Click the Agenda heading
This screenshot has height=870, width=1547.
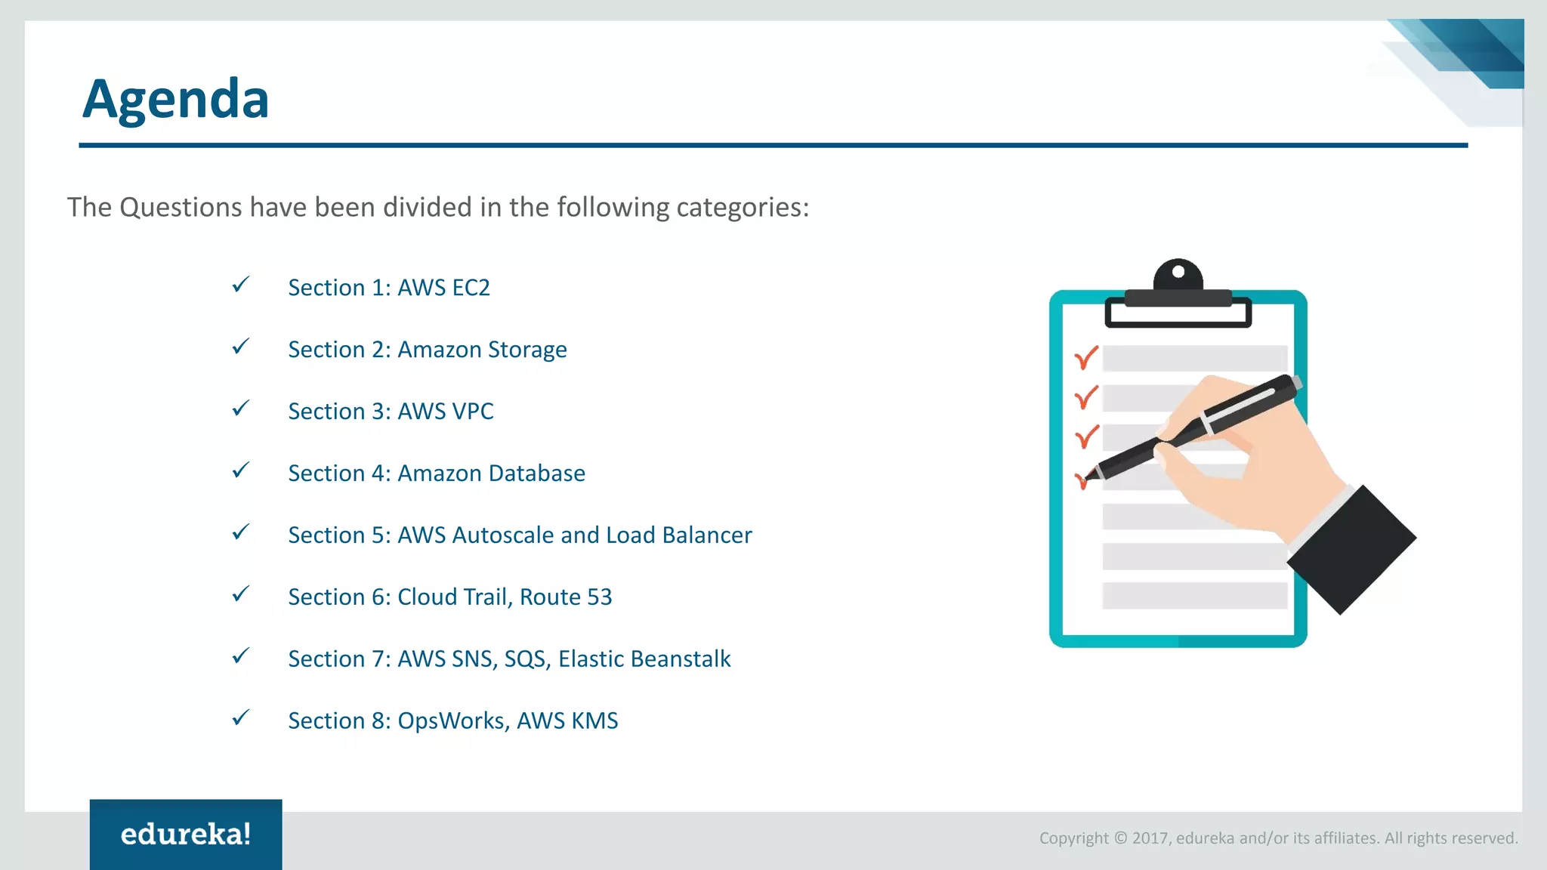pos(175,99)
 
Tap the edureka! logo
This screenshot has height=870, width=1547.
pos(186,835)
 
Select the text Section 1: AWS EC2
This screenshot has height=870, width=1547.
pos(389,288)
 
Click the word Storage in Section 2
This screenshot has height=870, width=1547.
pos(527,350)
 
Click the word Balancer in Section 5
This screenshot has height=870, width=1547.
pos(707,535)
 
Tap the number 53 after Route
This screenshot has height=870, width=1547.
pos(600,597)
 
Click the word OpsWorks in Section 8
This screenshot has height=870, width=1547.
pos(451,721)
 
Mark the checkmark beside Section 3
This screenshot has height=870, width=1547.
pos(240,409)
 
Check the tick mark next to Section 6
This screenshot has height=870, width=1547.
pos(240,595)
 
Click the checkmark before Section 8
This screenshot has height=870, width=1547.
pos(240,718)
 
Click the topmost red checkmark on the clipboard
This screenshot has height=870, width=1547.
pos(1086,357)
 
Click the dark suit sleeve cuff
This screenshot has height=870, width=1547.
pos(1352,549)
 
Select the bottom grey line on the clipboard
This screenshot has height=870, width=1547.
pos(1194,595)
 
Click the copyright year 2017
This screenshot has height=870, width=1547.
pos(1150,838)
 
